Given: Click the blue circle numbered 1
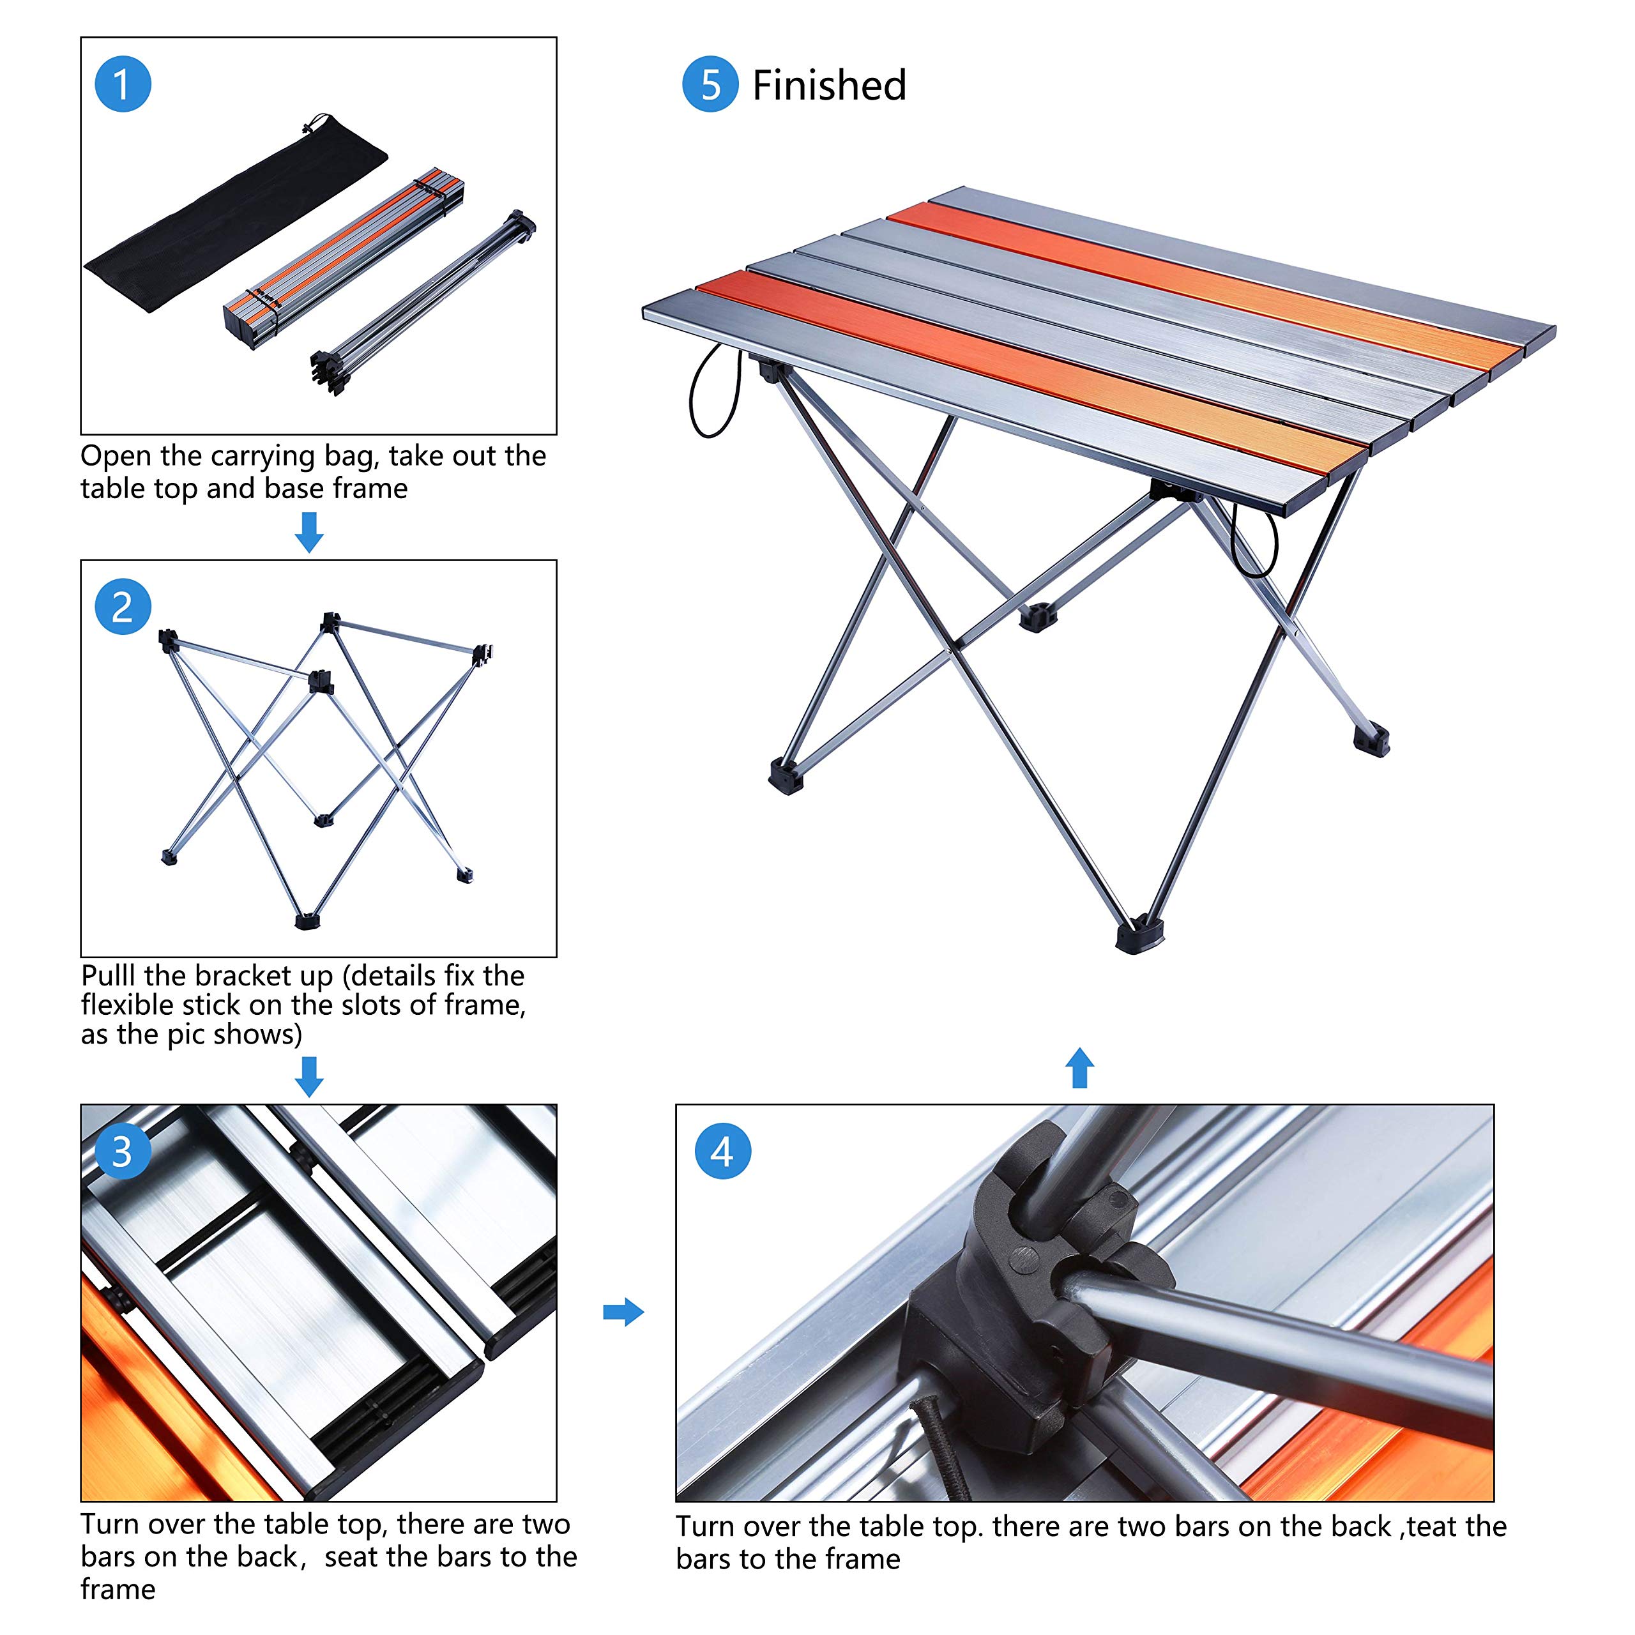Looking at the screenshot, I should pyautogui.click(x=123, y=85).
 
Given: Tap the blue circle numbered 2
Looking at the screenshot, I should pyautogui.click(x=123, y=607).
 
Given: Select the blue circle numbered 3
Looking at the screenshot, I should pyautogui.click(x=123, y=1152).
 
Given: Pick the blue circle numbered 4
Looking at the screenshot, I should pyautogui.click(x=722, y=1152).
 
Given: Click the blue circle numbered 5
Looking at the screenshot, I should pyautogui.click(x=710, y=85).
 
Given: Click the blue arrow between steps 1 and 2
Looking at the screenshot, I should pyautogui.click(x=309, y=532).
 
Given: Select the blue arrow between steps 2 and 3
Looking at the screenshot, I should pyautogui.click(x=309, y=1076).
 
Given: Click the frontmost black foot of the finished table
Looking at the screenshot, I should pyautogui.click(x=1137, y=934).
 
